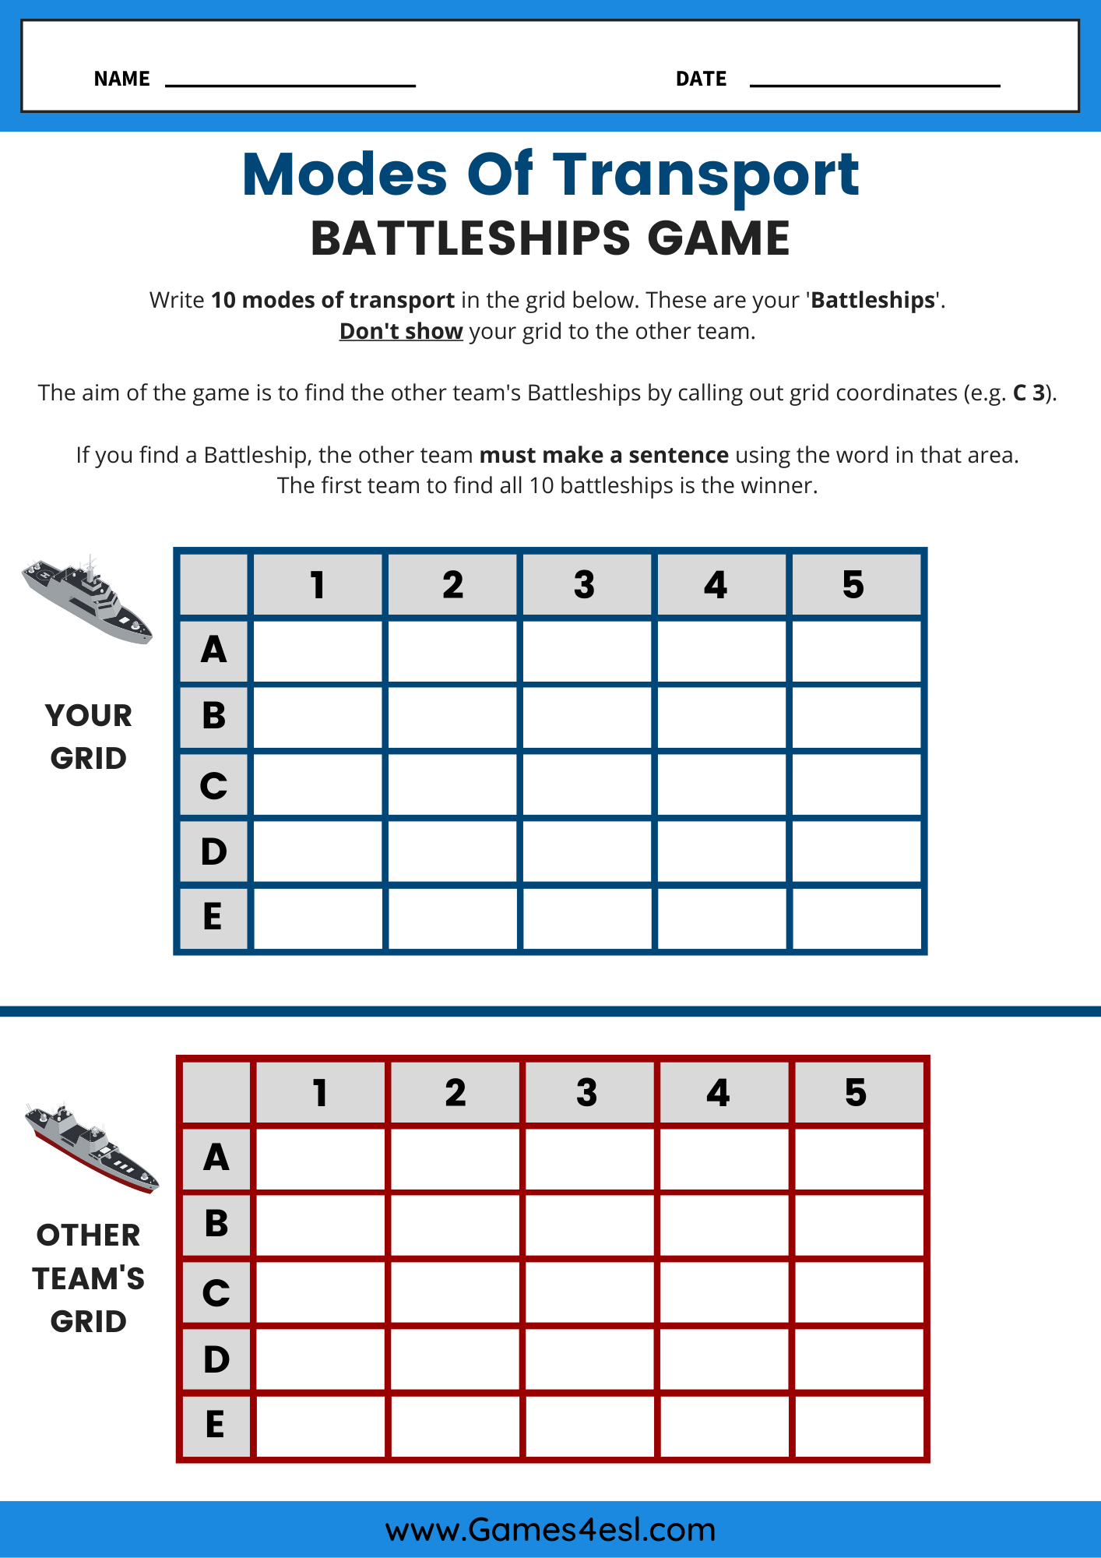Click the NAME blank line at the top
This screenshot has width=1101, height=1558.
(x=290, y=83)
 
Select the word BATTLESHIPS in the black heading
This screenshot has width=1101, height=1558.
(x=470, y=238)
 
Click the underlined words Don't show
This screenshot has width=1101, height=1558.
(x=401, y=331)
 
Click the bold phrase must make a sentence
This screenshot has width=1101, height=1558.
(x=603, y=455)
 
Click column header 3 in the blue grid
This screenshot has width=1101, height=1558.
(x=585, y=585)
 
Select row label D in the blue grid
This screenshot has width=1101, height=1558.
(x=213, y=851)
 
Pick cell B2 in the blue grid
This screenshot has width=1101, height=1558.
(x=452, y=717)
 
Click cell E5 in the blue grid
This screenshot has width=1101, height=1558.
(x=856, y=918)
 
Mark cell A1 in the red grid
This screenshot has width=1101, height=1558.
(x=320, y=1158)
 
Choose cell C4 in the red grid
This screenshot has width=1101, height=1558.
(x=723, y=1292)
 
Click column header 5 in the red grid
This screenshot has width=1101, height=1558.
(x=856, y=1093)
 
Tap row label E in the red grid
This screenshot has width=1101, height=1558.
(x=216, y=1426)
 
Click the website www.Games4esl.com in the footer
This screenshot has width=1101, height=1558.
(x=550, y=1530)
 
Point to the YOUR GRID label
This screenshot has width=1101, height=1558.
(x=88, y=736)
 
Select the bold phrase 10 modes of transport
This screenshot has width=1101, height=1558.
(x=332, y=301)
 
